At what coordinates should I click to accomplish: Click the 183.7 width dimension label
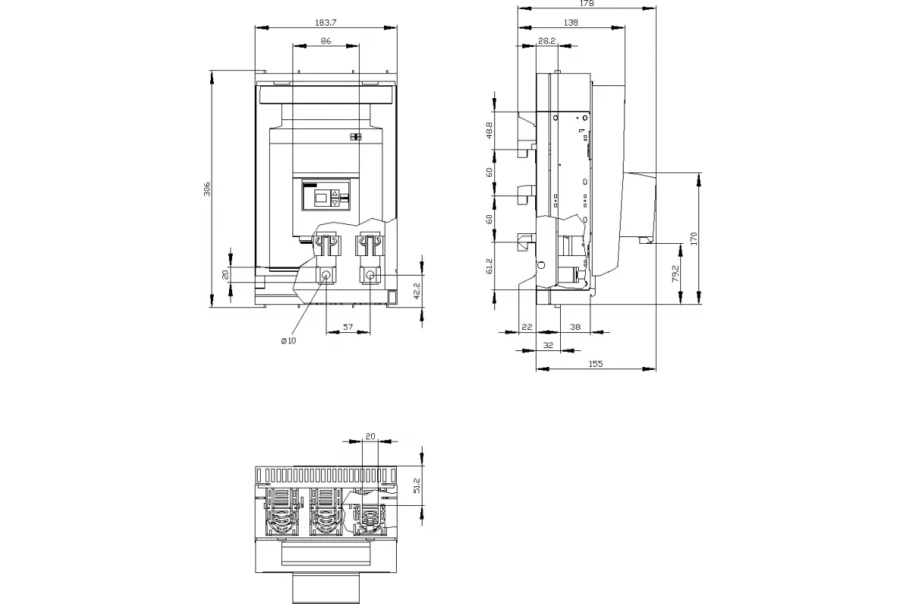pos(326,23)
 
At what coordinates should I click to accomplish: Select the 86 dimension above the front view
pos(326,41)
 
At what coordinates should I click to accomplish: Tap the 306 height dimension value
pos(207,189)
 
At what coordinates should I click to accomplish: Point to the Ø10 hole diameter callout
pos(288,341)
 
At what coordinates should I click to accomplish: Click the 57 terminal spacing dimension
pos(348,326)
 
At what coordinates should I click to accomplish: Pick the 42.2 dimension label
pos(416,291)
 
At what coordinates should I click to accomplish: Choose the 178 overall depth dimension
pos(587,4)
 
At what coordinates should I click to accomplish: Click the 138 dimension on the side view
pos(571,23)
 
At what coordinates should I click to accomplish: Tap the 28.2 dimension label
pos(546,41)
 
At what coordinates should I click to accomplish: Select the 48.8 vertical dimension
pos(489,131)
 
